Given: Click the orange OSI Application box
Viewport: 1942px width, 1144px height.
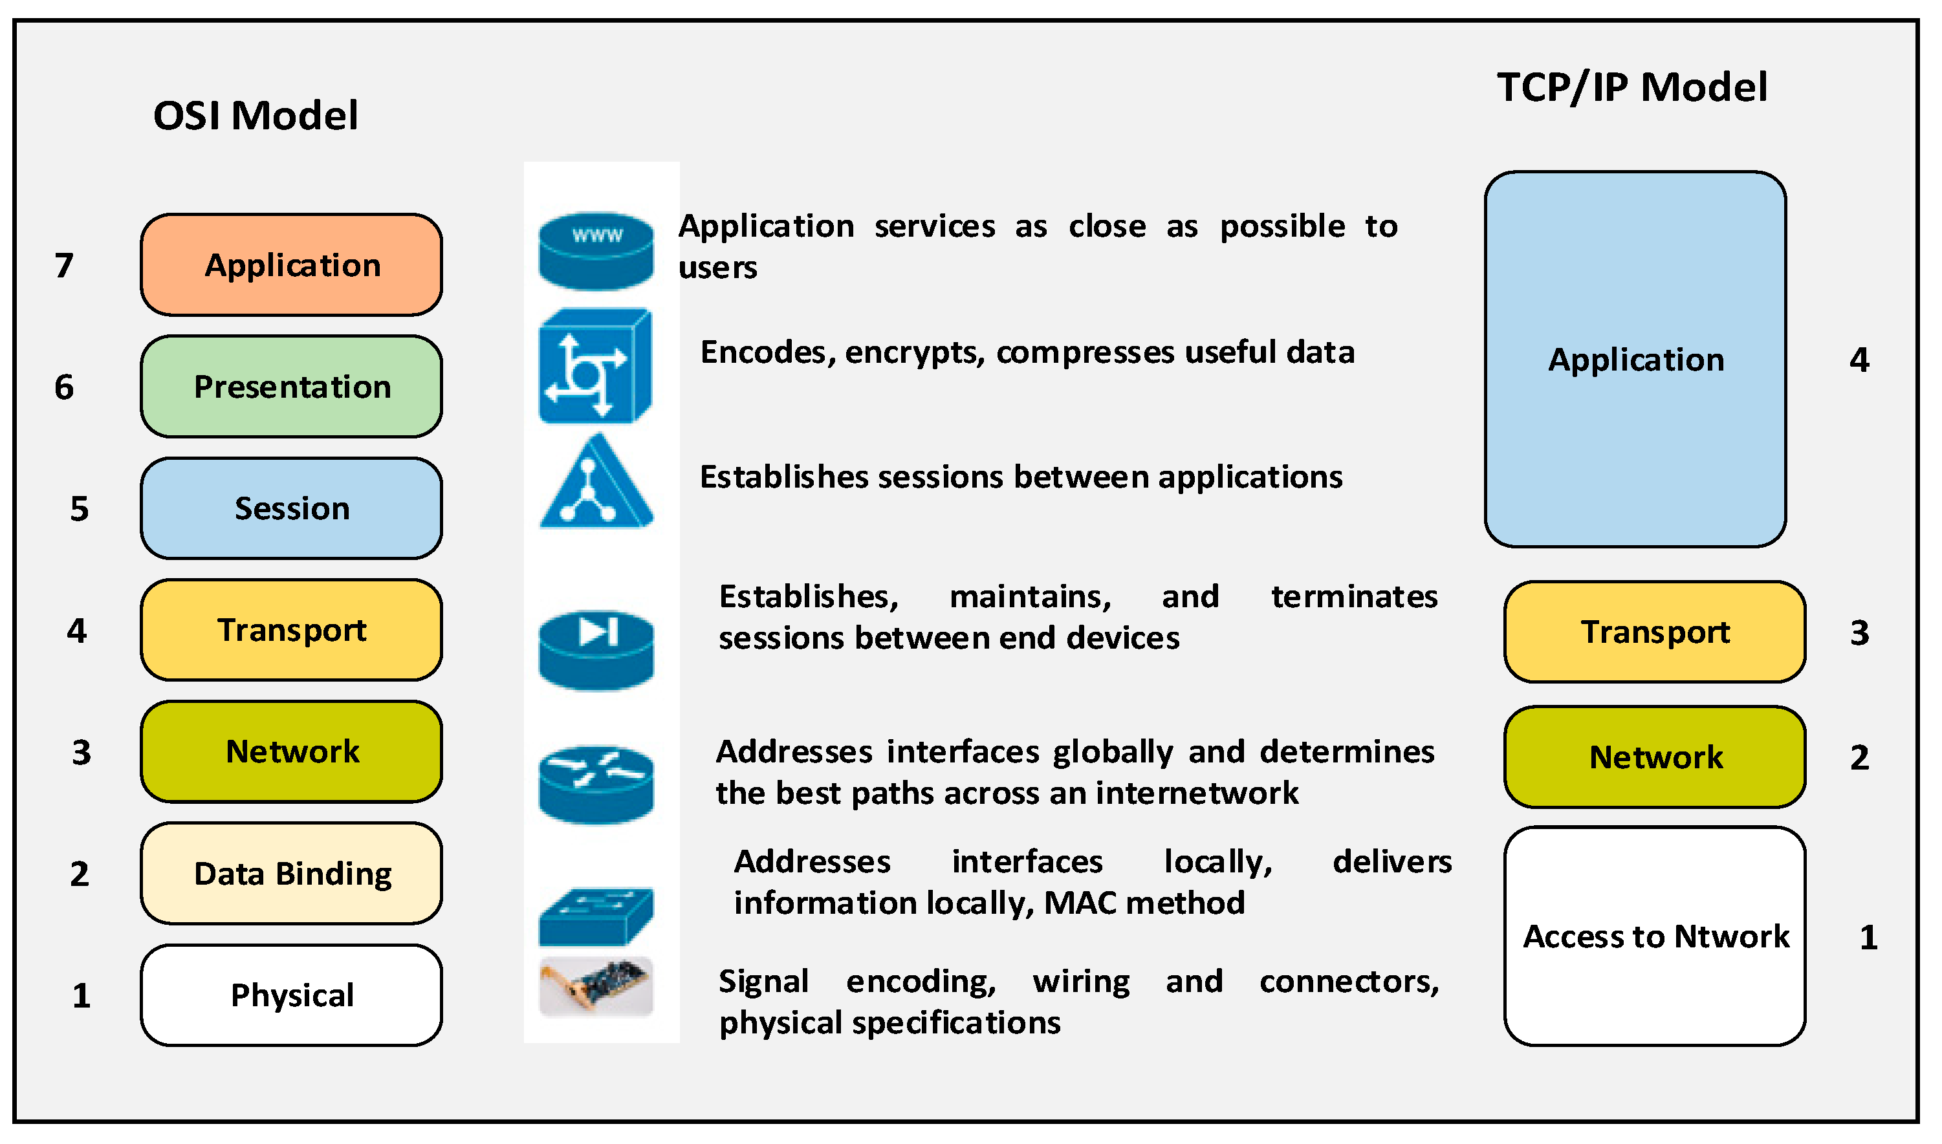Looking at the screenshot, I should coord(291,265).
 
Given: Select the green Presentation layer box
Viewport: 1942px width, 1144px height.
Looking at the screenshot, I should coord(291,387).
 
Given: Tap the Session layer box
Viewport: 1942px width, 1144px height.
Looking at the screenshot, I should coord(291,509).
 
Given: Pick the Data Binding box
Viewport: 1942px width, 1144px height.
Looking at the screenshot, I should coord(291,874).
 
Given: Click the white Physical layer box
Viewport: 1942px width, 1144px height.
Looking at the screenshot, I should coord(291,996).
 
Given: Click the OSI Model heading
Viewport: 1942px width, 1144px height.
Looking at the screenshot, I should coord(255,116).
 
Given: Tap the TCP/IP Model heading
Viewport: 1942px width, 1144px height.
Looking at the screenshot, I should coord(1632,87).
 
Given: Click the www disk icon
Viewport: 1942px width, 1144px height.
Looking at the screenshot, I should coord(596,252).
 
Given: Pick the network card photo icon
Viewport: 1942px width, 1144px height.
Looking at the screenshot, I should coord(596,988).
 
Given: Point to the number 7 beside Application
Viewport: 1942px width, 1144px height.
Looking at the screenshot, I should coord(64,266).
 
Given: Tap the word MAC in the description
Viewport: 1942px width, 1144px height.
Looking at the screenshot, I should coord(1075,903).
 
